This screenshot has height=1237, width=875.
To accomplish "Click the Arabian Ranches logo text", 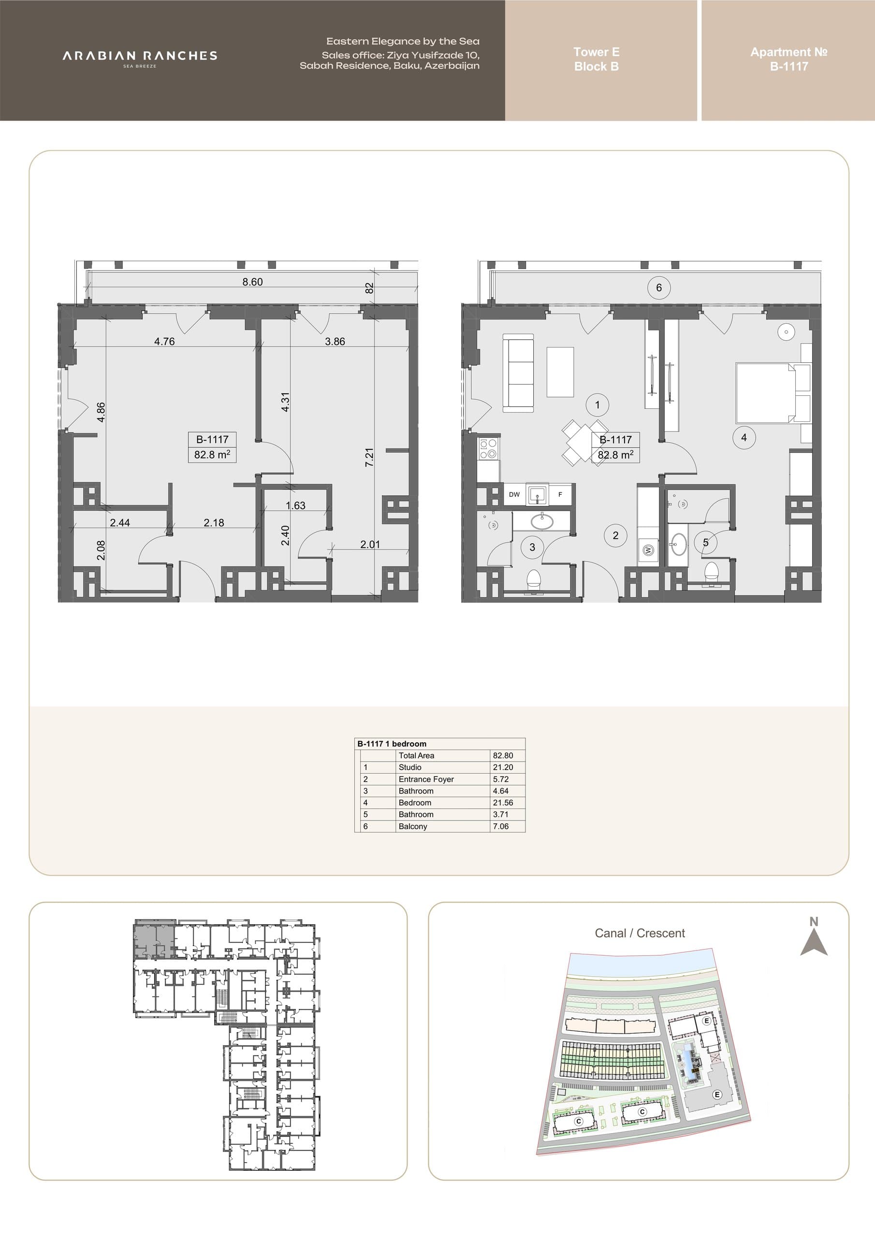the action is coord(140,56).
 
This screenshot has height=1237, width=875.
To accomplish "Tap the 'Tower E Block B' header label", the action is coord(596,59).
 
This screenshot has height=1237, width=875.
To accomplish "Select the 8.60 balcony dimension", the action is coord(252,282).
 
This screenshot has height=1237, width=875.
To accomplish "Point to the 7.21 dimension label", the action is coord(369,458).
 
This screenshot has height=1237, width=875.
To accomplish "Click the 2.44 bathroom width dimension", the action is coord(120,523).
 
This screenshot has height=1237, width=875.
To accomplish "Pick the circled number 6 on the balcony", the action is coord(659,288).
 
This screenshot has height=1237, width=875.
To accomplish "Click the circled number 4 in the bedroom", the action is coord(744,437).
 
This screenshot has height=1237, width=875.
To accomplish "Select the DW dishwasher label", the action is coord(514,494).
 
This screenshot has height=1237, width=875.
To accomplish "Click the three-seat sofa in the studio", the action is coord(518,373).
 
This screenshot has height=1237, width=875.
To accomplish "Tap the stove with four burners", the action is coord(488,449).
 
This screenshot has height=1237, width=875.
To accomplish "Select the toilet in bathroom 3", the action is coord(533,578).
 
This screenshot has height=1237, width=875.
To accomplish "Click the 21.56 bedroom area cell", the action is coord(503,802).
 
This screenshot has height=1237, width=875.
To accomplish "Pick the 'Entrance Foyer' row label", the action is coord(426,779).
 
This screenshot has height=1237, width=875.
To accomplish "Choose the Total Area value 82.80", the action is coord(503,755).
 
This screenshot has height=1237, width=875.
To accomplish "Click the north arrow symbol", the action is coord(814,938).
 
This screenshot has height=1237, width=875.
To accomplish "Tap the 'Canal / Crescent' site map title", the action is coord(640,933).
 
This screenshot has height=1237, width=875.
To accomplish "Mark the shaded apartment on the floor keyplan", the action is coord(154,939).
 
